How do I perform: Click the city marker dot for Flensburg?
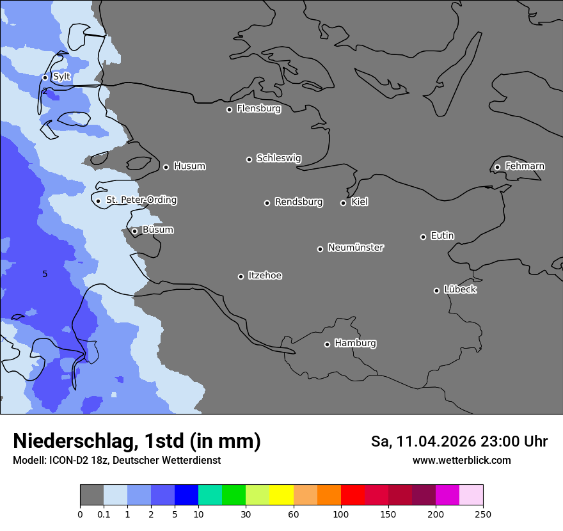229,109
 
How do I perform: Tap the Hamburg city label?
355,343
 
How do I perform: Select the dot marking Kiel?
343,203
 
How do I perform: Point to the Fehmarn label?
525,166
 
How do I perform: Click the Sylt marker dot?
45,77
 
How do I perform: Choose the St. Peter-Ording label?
141,200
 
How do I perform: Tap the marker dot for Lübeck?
436,290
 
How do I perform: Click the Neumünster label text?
356,248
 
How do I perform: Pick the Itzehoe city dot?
241,276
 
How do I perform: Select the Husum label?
189,166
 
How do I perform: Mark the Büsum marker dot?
134,232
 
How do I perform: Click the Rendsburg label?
299,202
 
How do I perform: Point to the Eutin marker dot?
423,237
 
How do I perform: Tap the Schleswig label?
278,158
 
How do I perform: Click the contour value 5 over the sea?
45,274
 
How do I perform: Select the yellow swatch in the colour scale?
281,495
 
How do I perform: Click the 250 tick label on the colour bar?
482,514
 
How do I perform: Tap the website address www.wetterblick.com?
461,461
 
